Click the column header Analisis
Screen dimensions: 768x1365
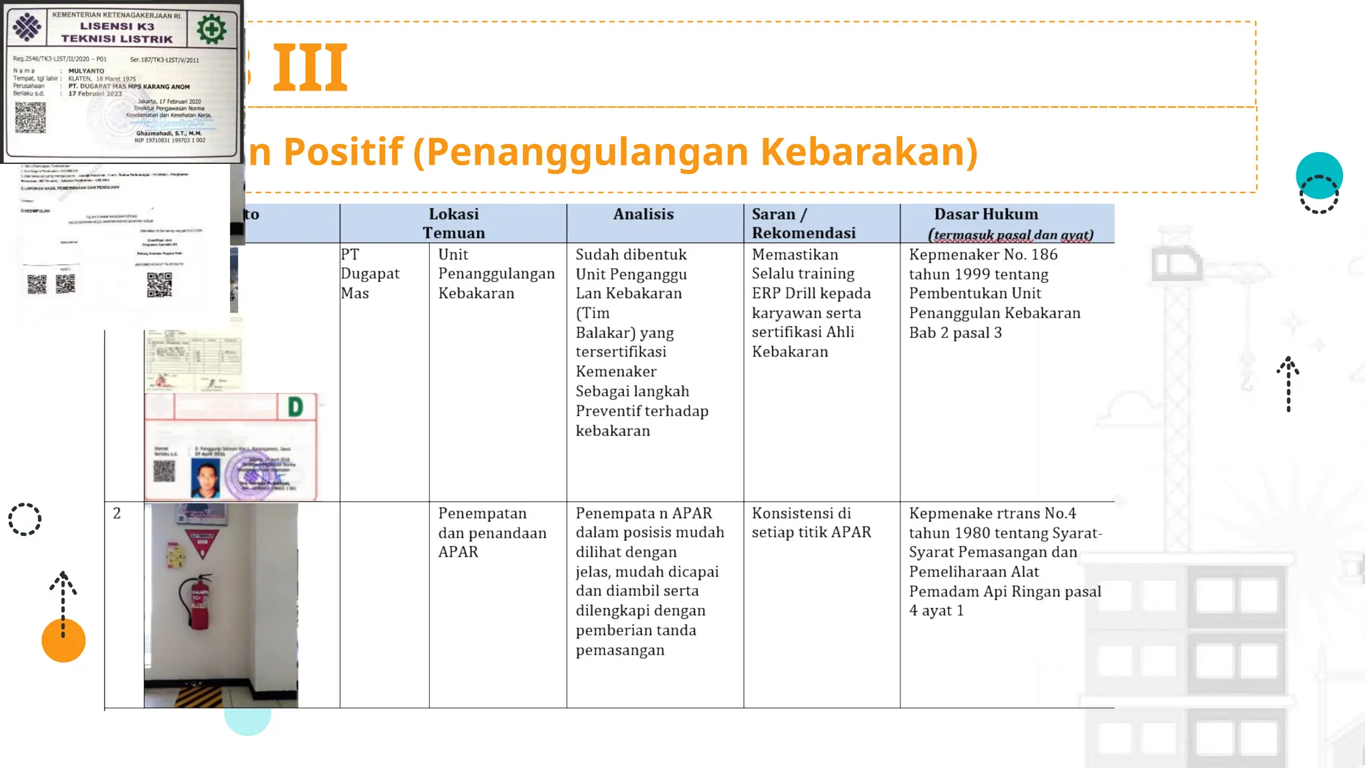[643, 215]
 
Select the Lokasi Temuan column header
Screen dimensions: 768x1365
[453, 223]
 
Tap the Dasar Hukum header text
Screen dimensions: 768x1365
[986, 215]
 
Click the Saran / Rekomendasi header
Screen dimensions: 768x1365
[803, 223]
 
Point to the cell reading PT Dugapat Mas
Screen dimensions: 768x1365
[369, 274]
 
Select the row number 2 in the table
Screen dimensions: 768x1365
[117, 513]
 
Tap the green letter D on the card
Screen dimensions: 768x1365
[295, 407]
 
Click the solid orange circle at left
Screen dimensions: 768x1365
[63, 641]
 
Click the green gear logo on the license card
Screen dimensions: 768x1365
[211, 29]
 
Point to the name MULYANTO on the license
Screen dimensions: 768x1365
[87, 71]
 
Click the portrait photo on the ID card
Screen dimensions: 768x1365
[205, 478]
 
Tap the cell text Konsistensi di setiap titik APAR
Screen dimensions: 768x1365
[811, 523]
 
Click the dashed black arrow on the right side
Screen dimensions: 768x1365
[1288, 384]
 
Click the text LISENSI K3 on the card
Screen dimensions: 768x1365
[117, 27]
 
